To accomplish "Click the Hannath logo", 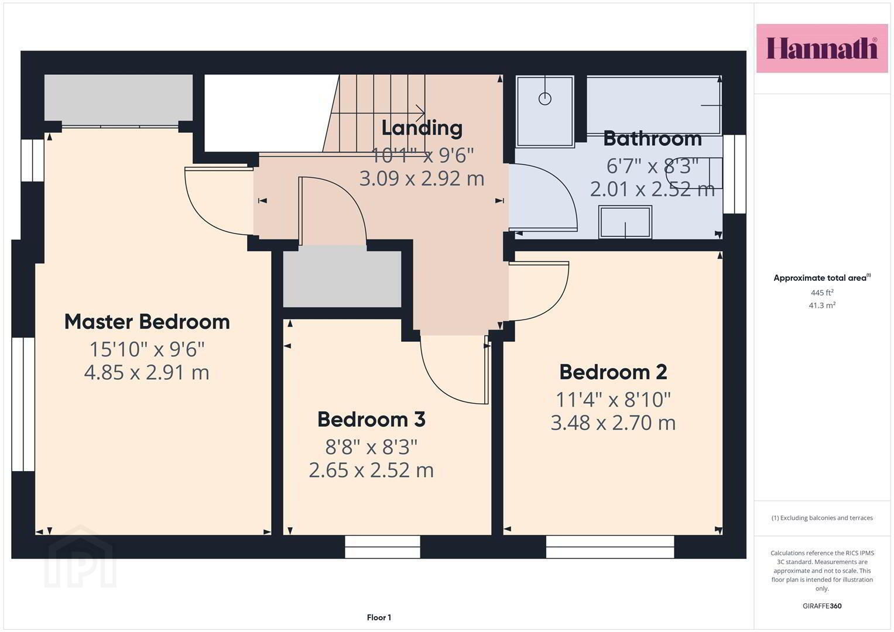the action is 822,48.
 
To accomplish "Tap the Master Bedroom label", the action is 147,322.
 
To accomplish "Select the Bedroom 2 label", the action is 613,372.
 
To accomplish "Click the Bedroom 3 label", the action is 371,420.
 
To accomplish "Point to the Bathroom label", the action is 652,139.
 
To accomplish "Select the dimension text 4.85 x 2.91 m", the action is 146,373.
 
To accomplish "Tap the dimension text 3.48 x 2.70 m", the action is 613,423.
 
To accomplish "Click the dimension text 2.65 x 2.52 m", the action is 371,470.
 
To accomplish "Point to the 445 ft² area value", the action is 822,293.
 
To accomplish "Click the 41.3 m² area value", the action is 822,305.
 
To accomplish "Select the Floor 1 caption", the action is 379,617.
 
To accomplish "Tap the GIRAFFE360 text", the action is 822,606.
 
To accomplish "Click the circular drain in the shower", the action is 545,98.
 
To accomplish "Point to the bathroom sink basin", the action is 625,222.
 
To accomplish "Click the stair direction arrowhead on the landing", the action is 420,113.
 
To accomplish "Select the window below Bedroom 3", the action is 382,547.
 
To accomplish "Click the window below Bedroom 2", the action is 610,547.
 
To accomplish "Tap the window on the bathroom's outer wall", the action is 734,174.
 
